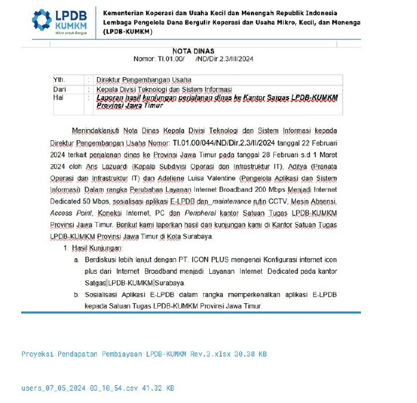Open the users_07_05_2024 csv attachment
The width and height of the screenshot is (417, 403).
(x=98, y=387)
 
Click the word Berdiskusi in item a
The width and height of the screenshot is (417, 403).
(x=102, y=261)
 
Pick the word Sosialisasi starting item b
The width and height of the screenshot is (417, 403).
(x=103, y=296)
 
